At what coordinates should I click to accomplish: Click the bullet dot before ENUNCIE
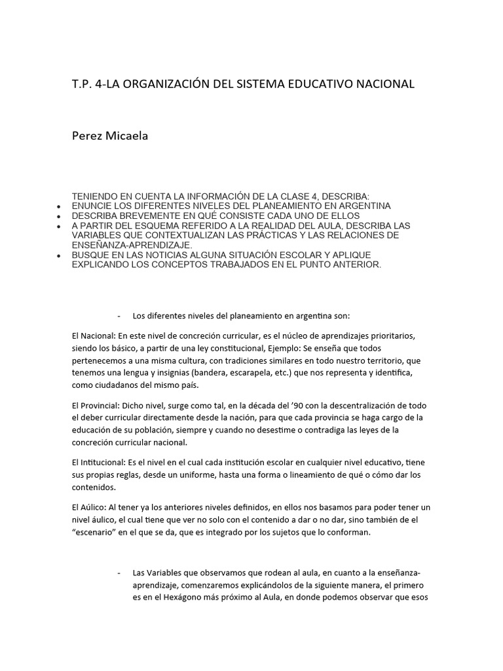(60, 206)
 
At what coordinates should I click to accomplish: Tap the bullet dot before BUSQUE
(60, 255)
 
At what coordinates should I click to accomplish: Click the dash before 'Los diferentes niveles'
(119, 315)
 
